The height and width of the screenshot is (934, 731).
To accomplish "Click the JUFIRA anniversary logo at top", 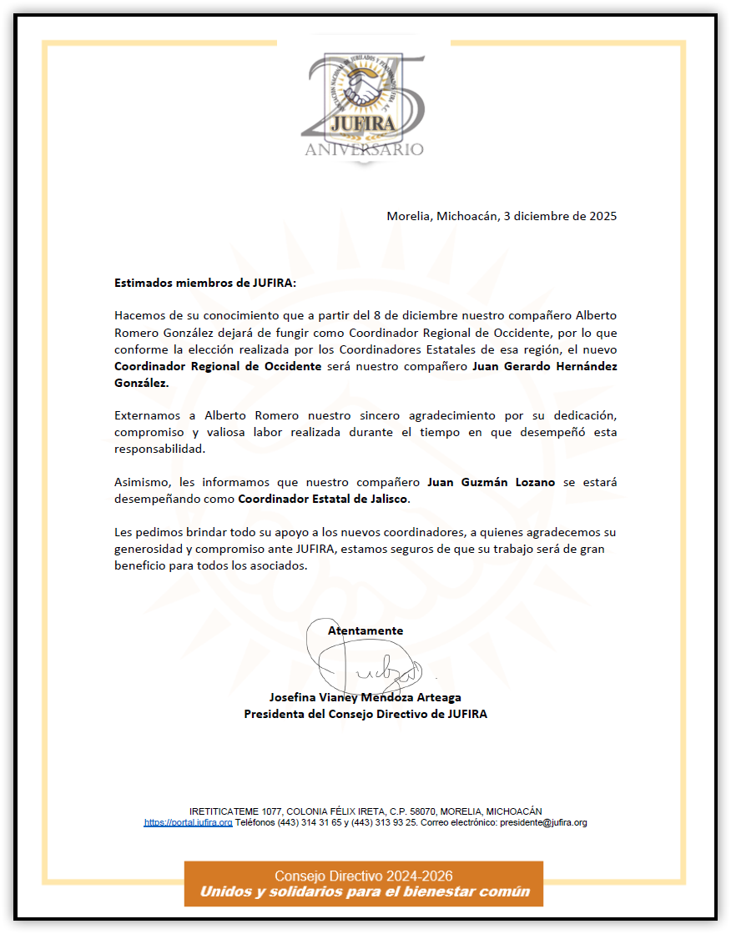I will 364,104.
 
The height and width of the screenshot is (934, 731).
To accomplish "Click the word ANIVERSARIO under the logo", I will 364,150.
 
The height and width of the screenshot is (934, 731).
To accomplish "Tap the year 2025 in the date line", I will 602,216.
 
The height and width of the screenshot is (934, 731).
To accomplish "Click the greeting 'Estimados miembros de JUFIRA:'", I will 205,283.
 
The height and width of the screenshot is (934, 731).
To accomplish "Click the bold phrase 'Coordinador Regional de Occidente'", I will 218,367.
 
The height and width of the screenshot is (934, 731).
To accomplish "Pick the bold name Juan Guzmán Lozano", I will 491,482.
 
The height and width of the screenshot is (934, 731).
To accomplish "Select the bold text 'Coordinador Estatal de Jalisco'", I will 324,499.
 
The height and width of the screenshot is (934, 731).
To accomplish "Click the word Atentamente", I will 365,630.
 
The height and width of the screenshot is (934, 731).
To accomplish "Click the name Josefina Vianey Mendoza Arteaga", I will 365,697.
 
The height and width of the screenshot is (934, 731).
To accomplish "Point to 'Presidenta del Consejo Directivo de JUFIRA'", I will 365,714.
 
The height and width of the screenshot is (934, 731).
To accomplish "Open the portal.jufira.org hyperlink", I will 189,822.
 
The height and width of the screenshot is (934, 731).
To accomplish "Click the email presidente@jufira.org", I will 543,822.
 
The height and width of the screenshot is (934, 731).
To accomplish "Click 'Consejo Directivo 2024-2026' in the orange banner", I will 364,876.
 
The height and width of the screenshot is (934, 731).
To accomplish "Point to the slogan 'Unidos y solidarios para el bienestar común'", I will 364,891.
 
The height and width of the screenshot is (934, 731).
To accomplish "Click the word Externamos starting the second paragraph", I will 149,414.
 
